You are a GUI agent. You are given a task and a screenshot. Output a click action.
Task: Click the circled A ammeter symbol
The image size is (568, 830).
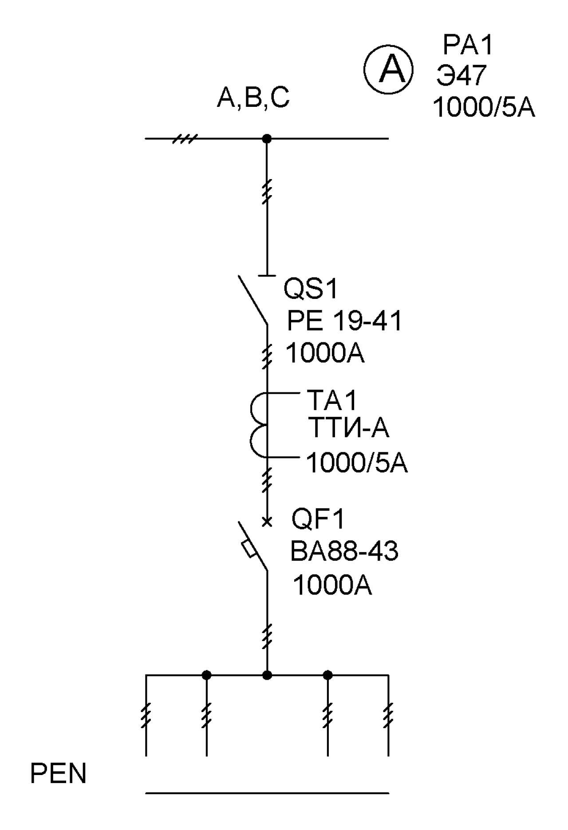pos(389,70)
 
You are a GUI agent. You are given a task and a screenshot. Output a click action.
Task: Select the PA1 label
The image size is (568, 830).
pos(468,45)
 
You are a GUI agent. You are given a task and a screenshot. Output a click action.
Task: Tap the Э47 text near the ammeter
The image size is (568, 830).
pos(461,75)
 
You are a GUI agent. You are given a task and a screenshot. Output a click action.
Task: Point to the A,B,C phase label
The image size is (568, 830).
pos(253,98)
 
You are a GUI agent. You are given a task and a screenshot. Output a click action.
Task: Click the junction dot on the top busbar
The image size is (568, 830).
pos(267,139)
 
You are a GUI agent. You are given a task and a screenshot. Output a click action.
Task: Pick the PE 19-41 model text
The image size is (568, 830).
pos(344,321)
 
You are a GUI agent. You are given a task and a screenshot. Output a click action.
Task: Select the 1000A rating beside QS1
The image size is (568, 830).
pos(325,353)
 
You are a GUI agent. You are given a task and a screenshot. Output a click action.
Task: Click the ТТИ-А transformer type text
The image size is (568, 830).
pos(348,428)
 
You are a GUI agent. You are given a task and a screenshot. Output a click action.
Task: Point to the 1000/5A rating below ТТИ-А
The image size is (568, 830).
pos(357,463)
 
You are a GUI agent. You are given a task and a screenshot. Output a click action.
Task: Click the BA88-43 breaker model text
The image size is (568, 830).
pos(344,552)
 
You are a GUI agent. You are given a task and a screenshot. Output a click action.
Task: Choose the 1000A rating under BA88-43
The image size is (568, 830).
pos(332,585)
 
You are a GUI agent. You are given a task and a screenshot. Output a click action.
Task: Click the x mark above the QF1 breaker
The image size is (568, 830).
pos(267,522)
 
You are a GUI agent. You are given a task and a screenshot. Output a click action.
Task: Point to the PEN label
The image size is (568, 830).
pos(58,774)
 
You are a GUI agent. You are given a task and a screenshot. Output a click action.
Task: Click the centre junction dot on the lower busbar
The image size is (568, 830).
pos(267,675)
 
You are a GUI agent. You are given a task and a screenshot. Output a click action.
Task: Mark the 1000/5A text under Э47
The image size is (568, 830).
pos(484,107)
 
